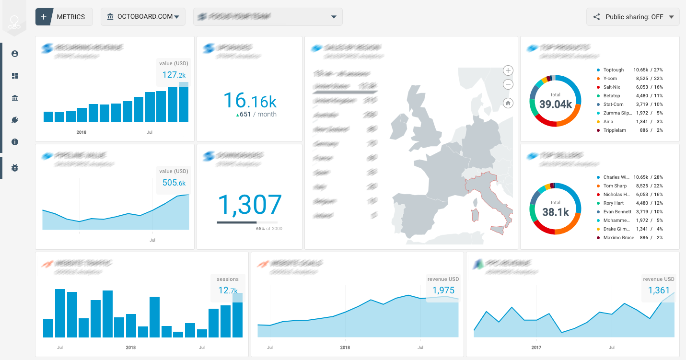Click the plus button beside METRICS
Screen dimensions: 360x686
[43, 17]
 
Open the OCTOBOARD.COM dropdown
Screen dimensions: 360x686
[143, 17]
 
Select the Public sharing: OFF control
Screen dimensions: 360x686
[633, 17]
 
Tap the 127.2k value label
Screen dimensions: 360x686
[174, 75]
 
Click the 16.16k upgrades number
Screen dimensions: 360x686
[250, 101]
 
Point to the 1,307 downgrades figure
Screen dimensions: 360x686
[250, 205]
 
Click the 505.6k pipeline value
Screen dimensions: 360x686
[174, 183]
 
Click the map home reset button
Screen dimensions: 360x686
[508, 103]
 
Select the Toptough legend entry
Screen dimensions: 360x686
[613, 70]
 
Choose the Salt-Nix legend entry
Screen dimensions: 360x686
[611, 87]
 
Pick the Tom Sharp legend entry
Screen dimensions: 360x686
[615, 186]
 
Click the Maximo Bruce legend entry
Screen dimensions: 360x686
[618, 238]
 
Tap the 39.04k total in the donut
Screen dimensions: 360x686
[555, 104]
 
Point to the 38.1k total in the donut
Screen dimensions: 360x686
[555, 211]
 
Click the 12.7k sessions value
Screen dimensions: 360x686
[228, 290]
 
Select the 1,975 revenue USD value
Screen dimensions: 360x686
[443, 290]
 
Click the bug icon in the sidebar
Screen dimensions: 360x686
[15, 168]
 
